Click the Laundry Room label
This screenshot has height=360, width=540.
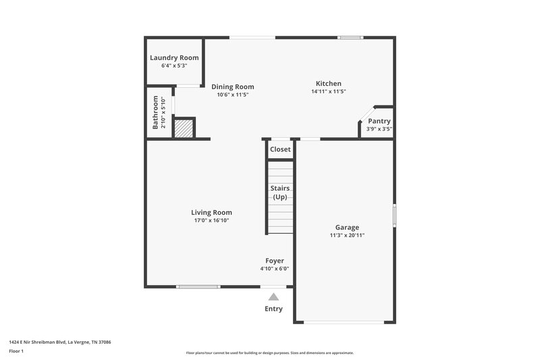[174, 58]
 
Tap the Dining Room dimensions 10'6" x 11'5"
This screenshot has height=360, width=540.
[232, 95]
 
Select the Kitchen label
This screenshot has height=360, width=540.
[329, 84]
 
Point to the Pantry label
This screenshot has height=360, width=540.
[379, 121]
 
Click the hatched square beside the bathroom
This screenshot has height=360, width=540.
[184, 128]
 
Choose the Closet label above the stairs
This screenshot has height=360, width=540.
[280, 149]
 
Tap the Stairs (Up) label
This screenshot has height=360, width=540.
[280, 192]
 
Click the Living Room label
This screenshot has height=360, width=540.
[211, 212]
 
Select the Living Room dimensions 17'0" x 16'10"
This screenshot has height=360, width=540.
[211, 220]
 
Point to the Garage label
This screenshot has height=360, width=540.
[348, 227]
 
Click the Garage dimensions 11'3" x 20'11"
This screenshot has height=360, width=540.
[348, 235]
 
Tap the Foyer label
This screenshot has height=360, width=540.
[274, 261]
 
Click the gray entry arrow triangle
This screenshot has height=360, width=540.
[273, 297]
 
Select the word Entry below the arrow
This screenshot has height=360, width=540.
[273, 309]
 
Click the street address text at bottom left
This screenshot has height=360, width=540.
[60, 342]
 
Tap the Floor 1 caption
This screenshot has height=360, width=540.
[16, 352]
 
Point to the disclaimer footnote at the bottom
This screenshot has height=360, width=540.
[269, 353]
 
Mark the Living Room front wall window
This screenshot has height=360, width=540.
[198, 287]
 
